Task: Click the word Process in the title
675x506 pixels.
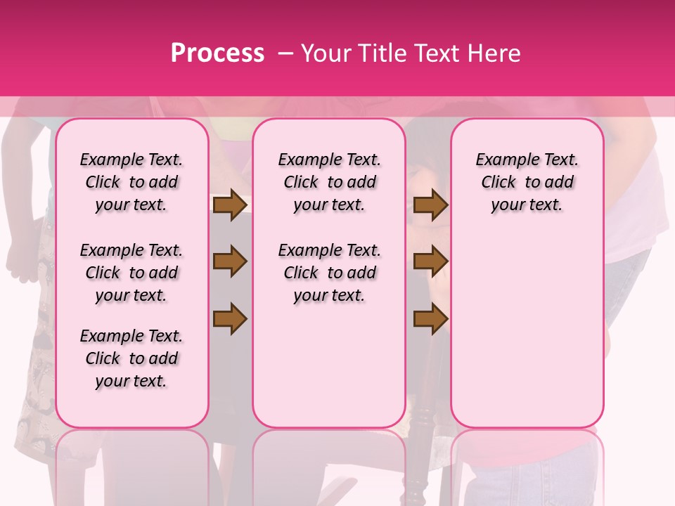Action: [217, 53]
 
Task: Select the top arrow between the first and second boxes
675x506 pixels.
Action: [230, 205]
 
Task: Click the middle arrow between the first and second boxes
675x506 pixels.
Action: [230, 261]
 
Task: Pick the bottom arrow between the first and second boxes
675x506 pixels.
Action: [230, 318]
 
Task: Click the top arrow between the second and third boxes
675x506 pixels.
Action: [430, 205]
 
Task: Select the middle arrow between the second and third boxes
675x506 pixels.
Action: [430, 261]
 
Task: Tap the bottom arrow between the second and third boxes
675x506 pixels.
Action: [430, 318]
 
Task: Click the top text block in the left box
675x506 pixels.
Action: [131, 182]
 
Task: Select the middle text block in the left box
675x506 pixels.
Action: [131, 273]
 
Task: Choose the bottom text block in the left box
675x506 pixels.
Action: [131, 358]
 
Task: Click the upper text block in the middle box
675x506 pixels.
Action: [329, 182]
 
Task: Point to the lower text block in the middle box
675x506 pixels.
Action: [329, 273]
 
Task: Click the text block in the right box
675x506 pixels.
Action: [527, 182]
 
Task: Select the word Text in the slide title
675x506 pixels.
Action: [431, 53]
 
